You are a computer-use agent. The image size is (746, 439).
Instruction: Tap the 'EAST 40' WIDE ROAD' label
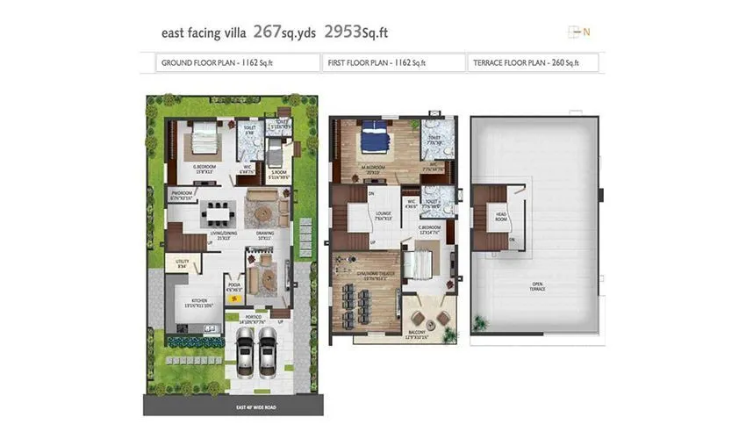233,407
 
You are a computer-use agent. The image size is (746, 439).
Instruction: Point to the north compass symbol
578,32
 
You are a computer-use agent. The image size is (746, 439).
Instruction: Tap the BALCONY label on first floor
417,335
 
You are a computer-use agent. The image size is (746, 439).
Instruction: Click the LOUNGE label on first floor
384,212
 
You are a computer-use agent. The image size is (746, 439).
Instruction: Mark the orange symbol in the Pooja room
233,299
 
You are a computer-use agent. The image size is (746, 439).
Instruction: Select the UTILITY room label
183,261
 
